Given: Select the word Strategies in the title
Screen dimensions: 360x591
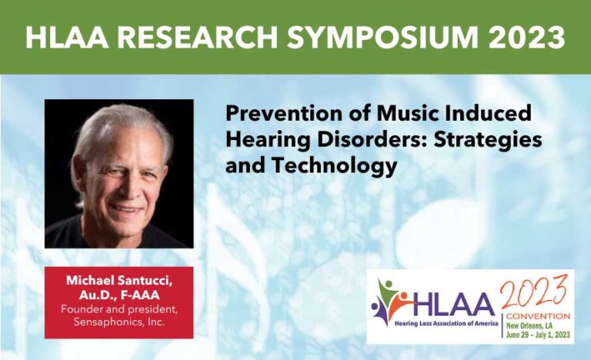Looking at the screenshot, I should click(x=492, y=140).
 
